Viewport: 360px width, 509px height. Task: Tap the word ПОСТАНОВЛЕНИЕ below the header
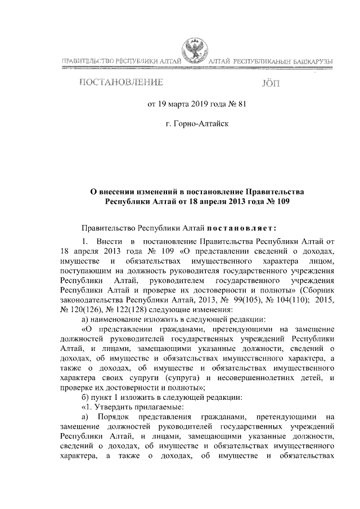coord(121,83)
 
